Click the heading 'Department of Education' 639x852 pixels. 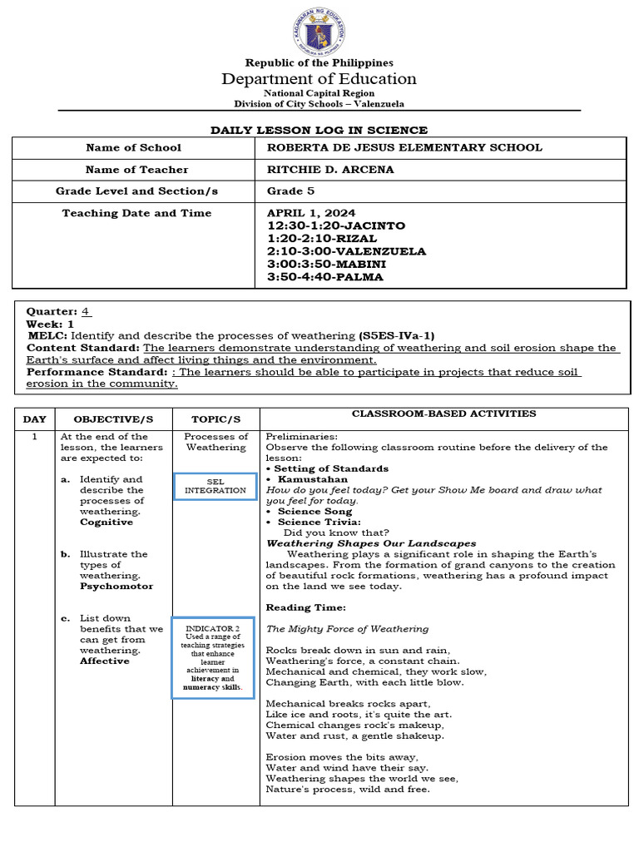319,79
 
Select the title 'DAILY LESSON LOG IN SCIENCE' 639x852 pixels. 319,131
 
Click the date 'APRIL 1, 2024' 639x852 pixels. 305,213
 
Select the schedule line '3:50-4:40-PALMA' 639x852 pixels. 324,277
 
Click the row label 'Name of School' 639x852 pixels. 133,148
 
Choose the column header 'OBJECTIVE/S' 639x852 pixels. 114,419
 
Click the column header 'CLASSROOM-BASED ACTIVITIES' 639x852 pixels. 443,414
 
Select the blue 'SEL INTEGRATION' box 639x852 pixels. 215,486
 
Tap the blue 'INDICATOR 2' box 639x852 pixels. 213,657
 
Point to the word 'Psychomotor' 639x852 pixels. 116,587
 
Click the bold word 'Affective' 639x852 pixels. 105,661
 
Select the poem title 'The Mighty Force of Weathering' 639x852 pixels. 347,629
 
